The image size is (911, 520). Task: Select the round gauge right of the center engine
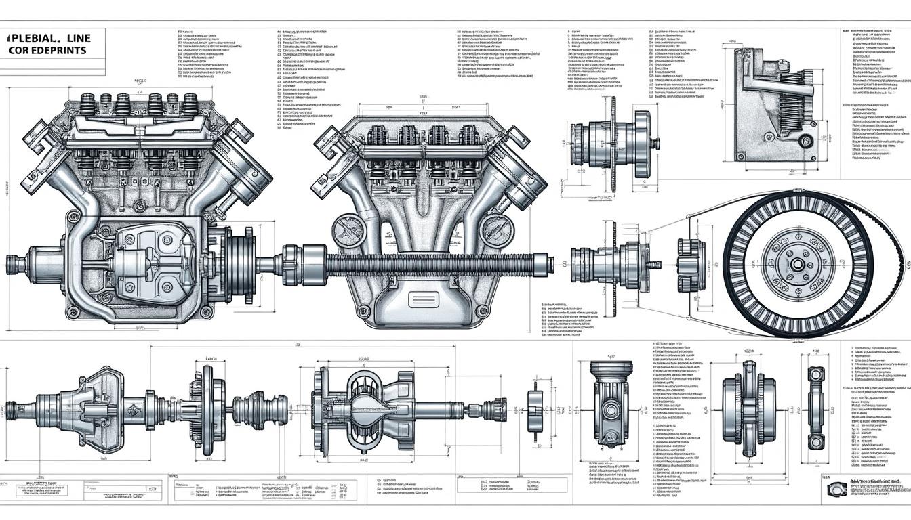[496, 230]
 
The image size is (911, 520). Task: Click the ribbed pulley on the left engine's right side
[239, 261]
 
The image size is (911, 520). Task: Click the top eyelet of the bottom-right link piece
[815, 375]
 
